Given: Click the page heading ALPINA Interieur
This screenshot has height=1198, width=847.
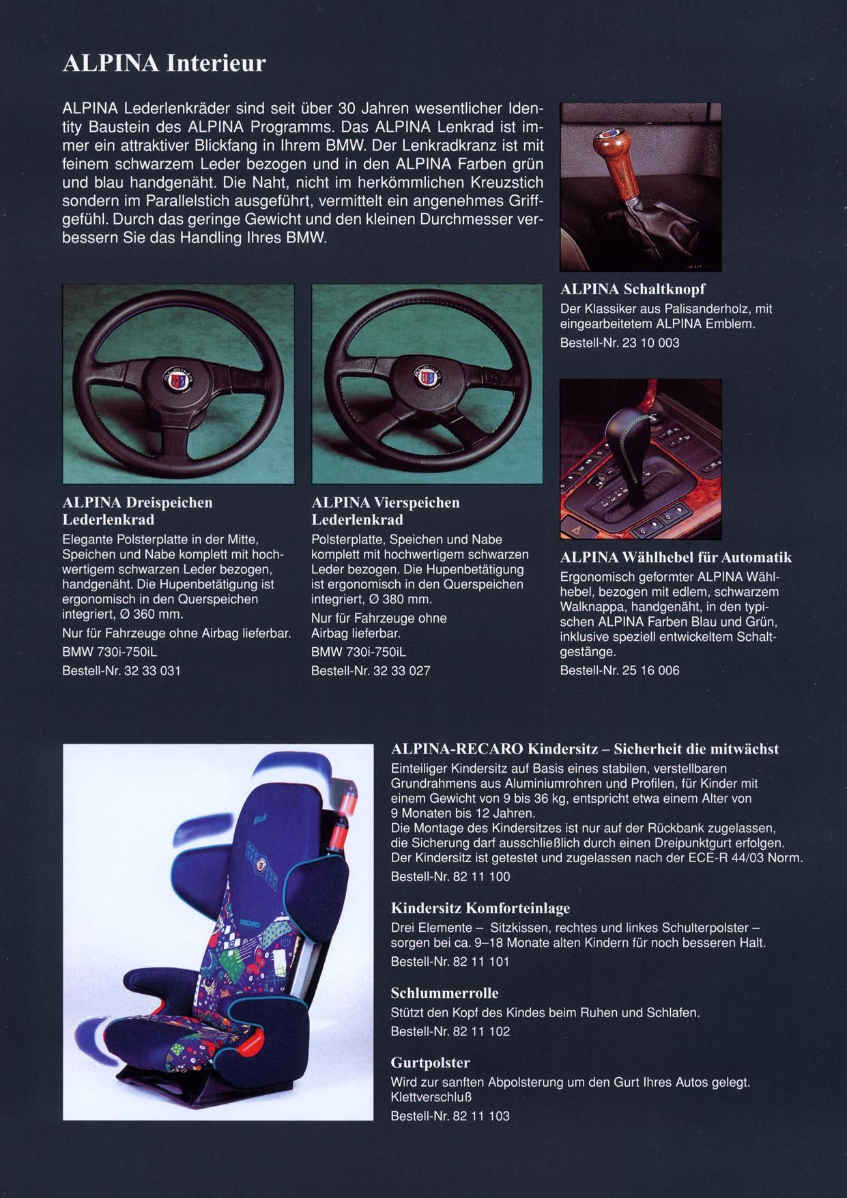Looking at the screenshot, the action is click(164, 63).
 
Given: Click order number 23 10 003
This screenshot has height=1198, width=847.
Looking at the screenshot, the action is click(651, 342).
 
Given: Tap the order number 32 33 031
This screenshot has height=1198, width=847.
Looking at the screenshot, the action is click(152, 670).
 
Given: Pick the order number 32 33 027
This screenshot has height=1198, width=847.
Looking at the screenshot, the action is click(401, 670).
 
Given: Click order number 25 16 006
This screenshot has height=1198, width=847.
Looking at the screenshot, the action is click(651, 670).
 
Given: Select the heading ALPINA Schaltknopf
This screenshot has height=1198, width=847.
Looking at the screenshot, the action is click(633, 289).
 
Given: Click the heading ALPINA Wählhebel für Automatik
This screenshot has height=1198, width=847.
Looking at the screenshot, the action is click(676, 558).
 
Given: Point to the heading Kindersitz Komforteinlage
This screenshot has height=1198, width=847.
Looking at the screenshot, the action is click(480, 909).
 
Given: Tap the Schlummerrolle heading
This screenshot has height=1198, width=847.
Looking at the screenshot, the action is click(444, 993).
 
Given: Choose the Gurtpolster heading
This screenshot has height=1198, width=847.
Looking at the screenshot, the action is click(430, 1062).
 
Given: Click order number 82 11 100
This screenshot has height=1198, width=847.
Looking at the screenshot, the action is click(481, 876).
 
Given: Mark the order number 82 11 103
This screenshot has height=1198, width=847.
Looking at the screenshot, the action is click(481, 1116).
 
